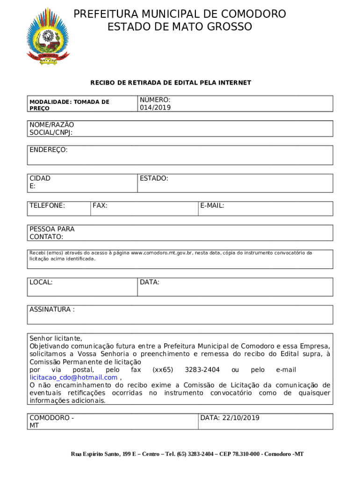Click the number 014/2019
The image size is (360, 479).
155,108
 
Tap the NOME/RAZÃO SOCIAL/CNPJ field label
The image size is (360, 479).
52,129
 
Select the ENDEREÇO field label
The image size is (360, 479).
49,150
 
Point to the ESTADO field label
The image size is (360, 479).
154,178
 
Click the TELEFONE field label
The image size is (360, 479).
47,205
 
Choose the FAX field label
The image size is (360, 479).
100,205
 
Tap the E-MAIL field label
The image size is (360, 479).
212,205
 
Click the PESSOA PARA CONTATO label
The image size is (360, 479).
52,233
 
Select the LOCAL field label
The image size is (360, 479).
41,282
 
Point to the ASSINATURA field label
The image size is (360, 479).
52,310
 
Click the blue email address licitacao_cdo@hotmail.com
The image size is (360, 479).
73,377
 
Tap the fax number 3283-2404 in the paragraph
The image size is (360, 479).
202,370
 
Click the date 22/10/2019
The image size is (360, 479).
238,418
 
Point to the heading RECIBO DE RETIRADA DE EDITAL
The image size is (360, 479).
171,83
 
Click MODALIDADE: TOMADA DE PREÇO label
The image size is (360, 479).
69,105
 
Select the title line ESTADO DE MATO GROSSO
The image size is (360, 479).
180,27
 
